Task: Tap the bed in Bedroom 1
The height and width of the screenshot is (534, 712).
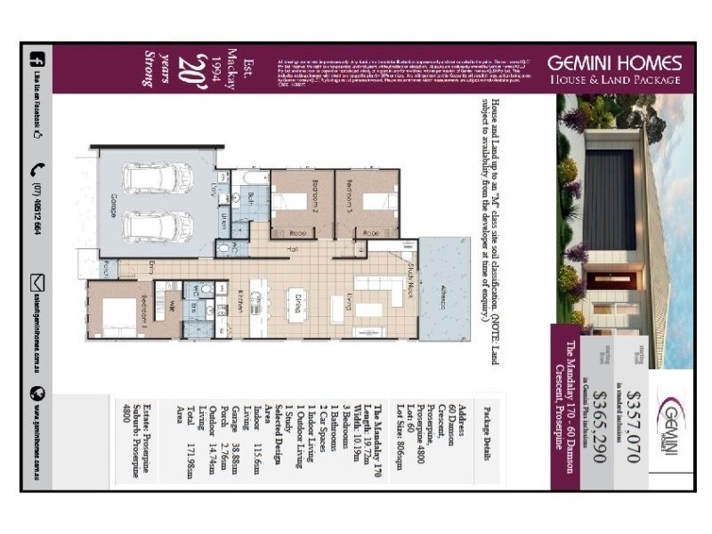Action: pos(117,312)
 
